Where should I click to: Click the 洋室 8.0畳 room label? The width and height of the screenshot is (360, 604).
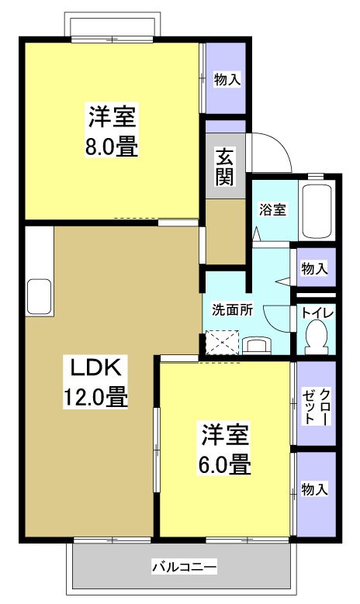(112, 132)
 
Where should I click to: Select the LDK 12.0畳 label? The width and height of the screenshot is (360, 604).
(95, 381)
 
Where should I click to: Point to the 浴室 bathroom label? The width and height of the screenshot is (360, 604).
(272, 209)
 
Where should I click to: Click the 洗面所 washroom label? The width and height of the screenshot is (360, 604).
(233, 309)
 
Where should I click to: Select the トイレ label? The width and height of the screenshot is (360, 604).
(317, 312)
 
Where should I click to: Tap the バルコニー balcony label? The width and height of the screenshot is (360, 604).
(184, 567)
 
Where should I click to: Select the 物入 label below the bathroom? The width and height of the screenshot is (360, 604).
(314, 268)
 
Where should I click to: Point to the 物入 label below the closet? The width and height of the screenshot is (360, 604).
(314, 489)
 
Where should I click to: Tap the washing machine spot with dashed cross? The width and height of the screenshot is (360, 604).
(220, 342)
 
